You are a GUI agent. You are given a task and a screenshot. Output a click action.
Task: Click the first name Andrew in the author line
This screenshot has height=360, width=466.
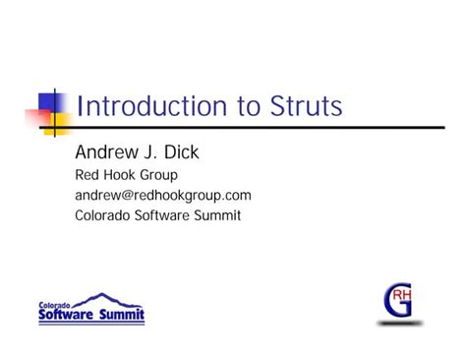coord(103,153)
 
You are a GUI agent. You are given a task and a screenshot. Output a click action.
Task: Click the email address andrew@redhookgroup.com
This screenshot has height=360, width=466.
coord(163,195)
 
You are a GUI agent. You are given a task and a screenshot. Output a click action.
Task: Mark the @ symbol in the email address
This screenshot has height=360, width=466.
coord(130,195)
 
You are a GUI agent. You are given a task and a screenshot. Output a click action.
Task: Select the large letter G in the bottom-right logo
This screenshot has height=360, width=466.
coord(397,301)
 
